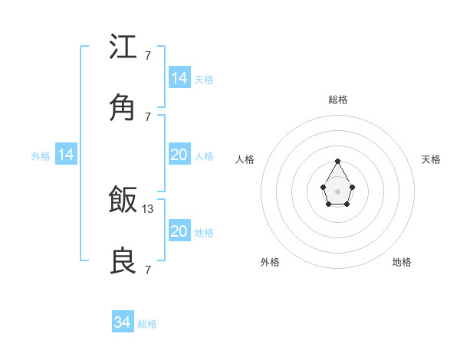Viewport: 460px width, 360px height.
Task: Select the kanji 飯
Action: (123, 201)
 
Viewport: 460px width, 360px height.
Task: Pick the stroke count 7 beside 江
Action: (148, 56)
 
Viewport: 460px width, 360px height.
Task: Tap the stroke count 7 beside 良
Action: (148, 270)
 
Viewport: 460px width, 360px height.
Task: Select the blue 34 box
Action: (123, 323)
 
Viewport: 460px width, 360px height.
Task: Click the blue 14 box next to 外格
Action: (66, 155)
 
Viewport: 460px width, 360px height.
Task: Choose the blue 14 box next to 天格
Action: (179, 78)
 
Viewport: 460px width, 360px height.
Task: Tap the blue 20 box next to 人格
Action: (179, 155)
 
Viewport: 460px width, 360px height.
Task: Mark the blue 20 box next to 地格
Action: (179, 232)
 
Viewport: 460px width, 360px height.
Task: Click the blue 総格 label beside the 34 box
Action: (147, 324)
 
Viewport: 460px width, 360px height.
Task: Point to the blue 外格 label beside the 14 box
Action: (41, 156)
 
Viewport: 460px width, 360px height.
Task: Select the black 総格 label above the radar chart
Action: (338, 100)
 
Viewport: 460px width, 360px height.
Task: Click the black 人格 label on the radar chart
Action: (245, 159)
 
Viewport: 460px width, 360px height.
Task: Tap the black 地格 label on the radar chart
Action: (402, 262)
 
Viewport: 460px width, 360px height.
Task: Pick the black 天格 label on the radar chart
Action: (431, 159)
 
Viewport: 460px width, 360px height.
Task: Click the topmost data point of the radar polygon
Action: (338, 161)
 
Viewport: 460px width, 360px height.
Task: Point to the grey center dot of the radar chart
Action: (338, 190)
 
